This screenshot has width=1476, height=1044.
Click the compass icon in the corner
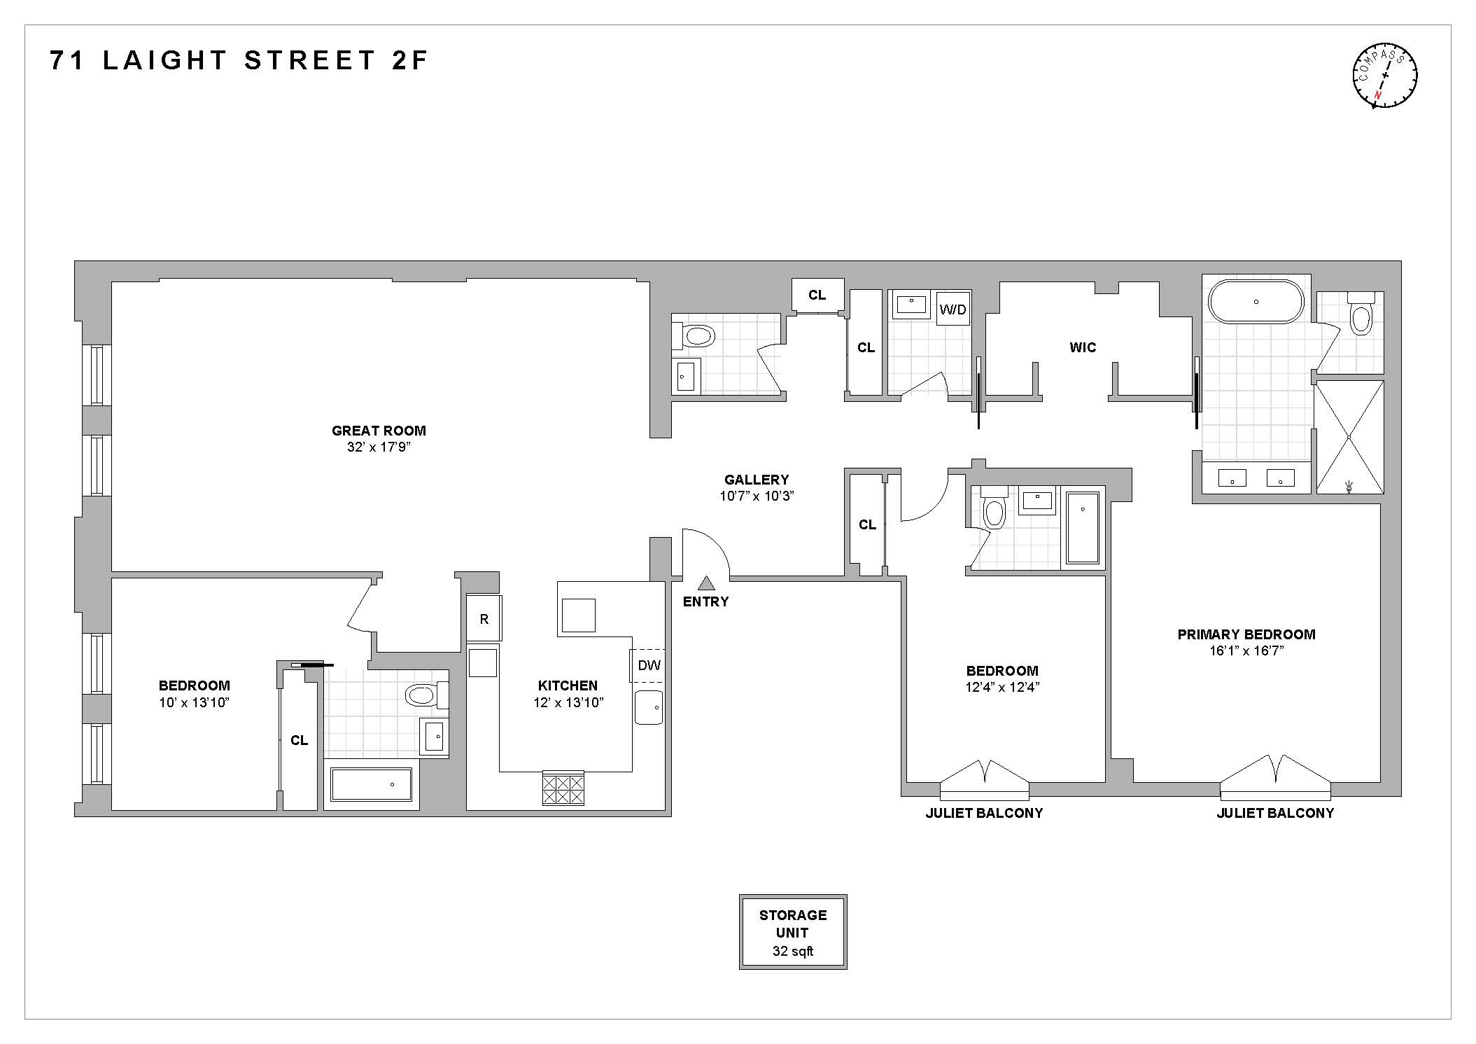[x=1385, y=76]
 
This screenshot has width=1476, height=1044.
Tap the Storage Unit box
[x=793, y=932]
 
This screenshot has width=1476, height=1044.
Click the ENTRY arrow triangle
[x=706, y=583]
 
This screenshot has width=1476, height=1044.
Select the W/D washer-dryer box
[x=953, y=309]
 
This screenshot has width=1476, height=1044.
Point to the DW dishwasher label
[x=649, y=665]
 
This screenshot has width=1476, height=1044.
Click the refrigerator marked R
[x=484, y=619]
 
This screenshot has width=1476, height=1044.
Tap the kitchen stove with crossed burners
[x=563, y=788]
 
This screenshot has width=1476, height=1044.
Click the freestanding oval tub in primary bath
[x=1256, y=302]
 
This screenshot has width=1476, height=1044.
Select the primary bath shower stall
[x=1349, y=437]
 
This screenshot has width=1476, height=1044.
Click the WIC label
[x=1082, y=347]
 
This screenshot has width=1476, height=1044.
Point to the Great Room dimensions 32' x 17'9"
[x=379, y=447]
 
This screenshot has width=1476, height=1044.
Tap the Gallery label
[x=756, y=480]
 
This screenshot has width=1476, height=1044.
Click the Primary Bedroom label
[x=1246, y=634]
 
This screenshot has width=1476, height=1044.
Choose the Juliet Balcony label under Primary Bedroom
[x=1275, y=813]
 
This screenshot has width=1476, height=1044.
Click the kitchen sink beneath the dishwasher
[x=649, y=707]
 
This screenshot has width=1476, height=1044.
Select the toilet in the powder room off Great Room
[x=696, y=336]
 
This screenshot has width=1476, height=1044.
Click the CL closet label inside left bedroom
[x=299, y=740]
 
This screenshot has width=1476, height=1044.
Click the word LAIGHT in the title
[x=165, y=61]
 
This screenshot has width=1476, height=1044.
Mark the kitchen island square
[x=578, y=615]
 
